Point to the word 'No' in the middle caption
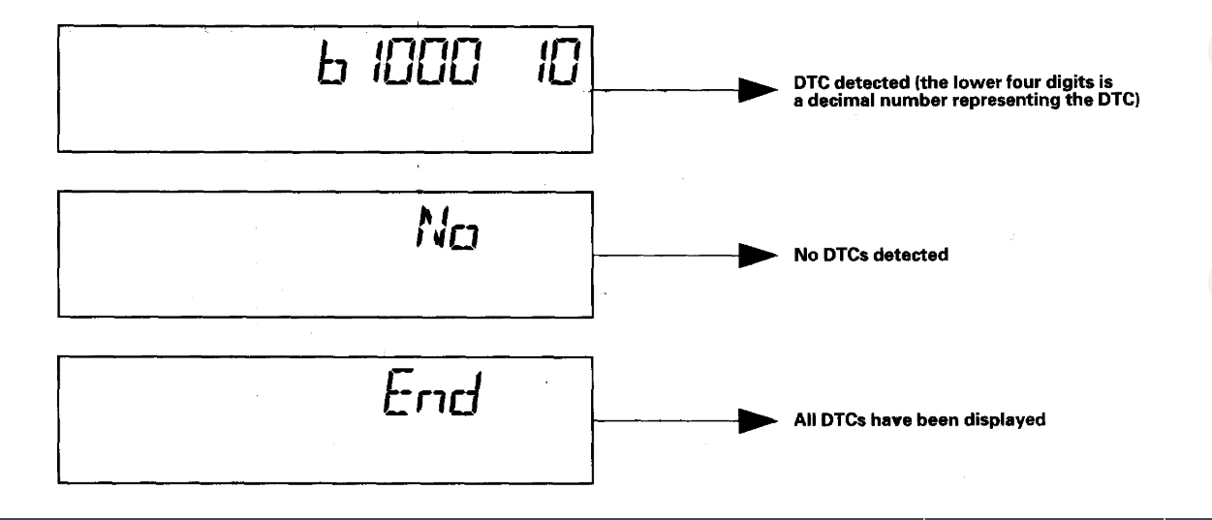[803, 259]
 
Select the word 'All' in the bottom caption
[802, 423]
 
